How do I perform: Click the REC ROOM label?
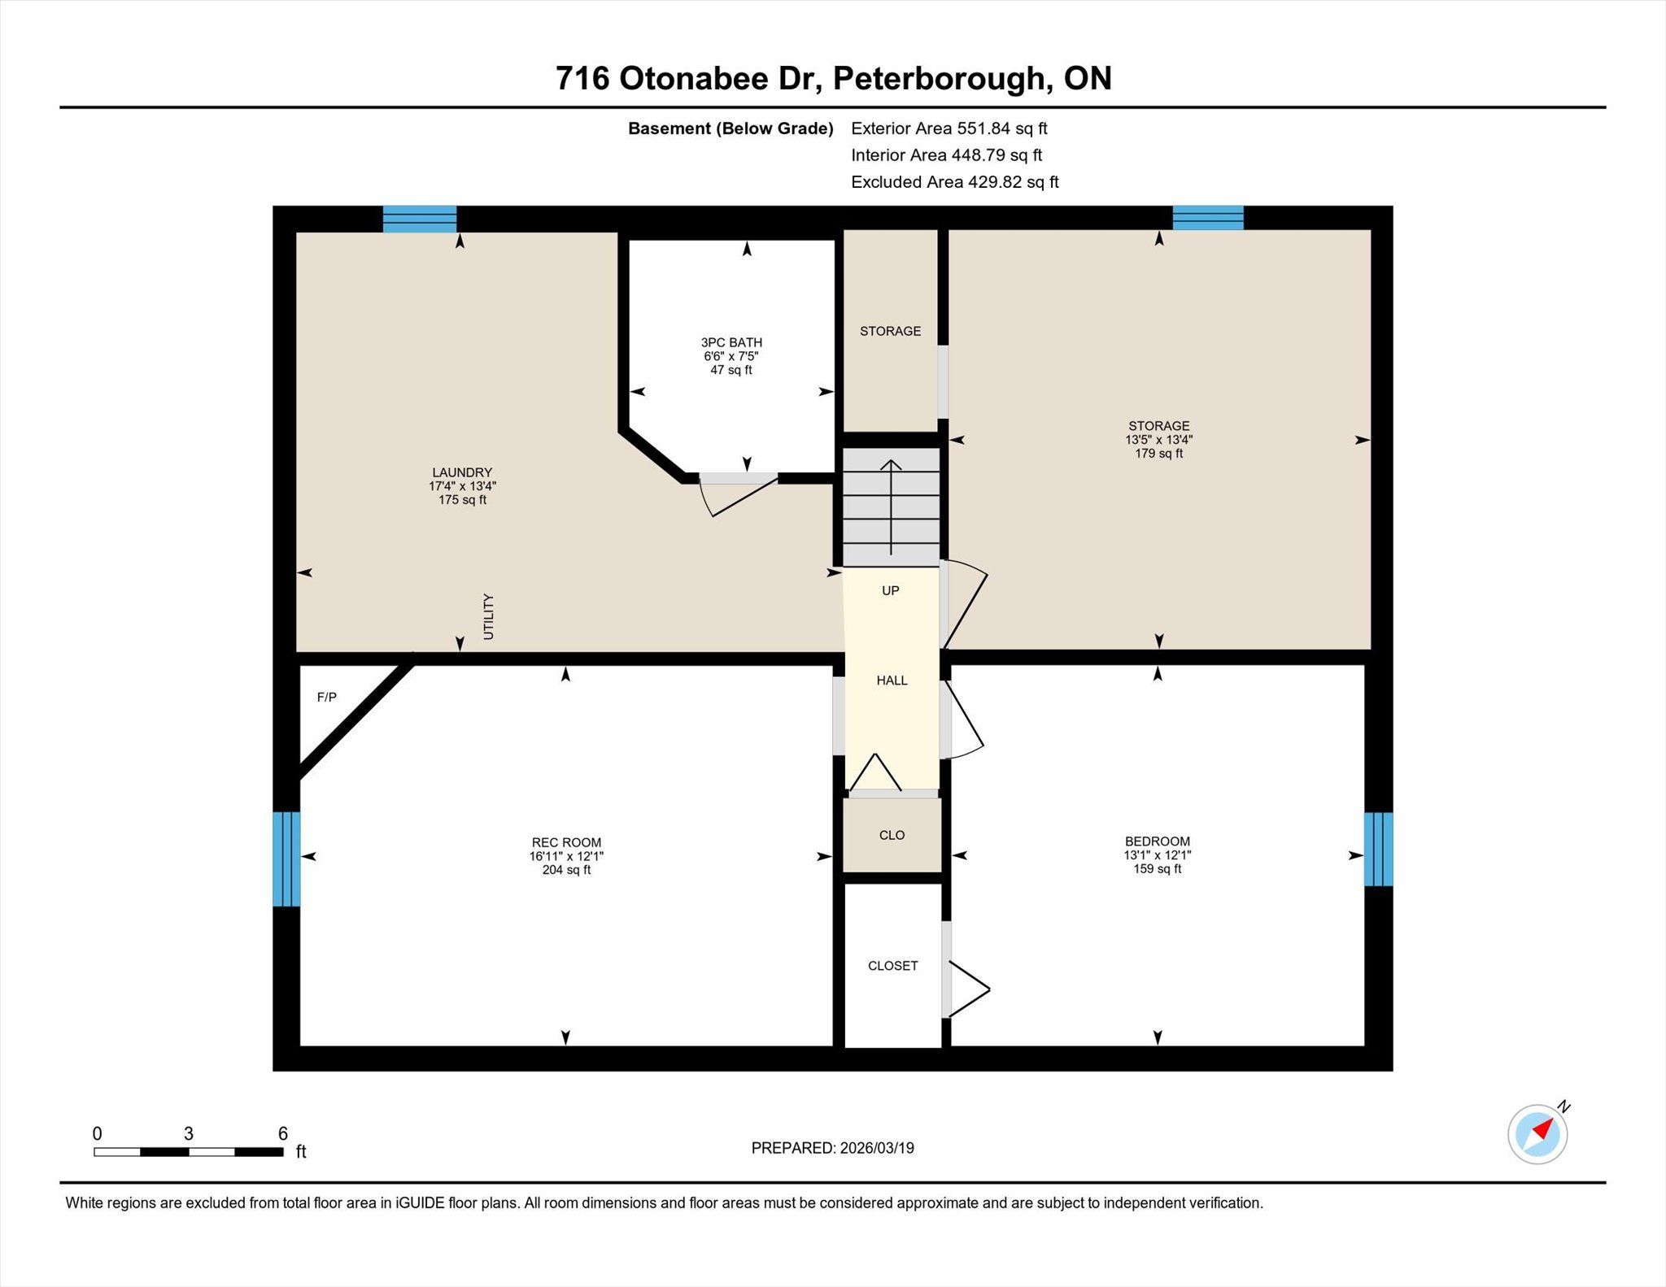566,842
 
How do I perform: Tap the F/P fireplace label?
326,697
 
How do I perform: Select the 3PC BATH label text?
731,342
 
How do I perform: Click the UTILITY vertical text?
488,616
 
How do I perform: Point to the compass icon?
1537,1133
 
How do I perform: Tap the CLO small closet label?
892,835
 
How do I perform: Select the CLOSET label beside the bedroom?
892,965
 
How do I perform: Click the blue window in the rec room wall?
286,859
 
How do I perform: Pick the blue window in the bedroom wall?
1378,849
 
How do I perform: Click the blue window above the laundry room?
420,220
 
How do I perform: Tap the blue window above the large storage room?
1208,218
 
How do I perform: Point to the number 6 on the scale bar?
283,1133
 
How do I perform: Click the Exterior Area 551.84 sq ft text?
949,128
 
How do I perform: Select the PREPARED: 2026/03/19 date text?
832,1148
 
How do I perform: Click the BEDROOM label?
1157,841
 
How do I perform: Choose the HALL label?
892,680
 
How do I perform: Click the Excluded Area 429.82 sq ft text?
954,182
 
